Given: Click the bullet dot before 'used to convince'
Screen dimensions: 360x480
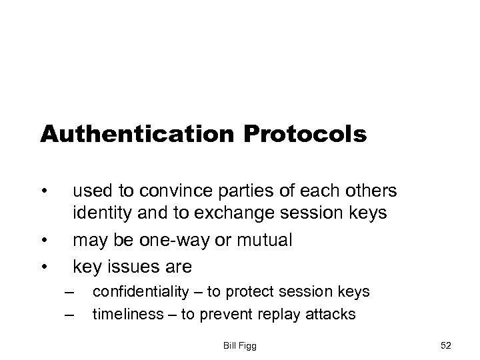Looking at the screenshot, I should click(44, 192).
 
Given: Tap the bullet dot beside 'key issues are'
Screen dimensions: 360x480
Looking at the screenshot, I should click(44, 266).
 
